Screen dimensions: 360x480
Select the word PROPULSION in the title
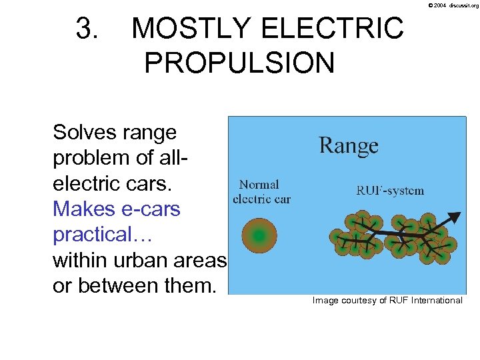click(x=239, y=63)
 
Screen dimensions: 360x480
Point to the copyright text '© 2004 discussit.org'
click(x=453, y=5)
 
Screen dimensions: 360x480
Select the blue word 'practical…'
click(x=97, y=235)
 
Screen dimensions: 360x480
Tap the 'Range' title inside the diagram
click(x=349, y=145)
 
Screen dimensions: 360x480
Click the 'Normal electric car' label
click(x=261, y=191)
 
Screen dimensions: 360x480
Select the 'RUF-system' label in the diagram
click(x=390, y=191)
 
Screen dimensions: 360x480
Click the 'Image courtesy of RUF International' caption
click(x=387, y=301)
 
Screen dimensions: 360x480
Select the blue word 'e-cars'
click(x=150, y=209)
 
